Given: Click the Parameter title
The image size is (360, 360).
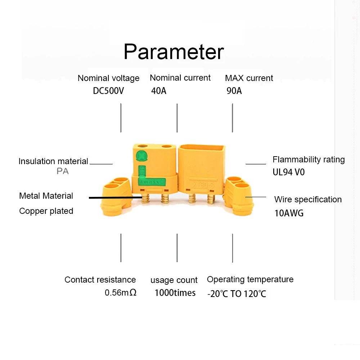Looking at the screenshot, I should click(x=174, y=52).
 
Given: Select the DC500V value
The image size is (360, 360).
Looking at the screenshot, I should click(x=108, y=91).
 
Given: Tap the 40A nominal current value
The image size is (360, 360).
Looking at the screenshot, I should click(x=159, y=91).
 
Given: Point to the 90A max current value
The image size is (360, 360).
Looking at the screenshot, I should click(x=234, y=91).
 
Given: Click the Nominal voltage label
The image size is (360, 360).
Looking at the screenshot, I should click(x=108, y=78).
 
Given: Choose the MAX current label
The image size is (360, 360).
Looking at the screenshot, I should click(x=249, y=78).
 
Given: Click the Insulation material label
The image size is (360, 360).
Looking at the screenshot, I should click(x=53, y=161).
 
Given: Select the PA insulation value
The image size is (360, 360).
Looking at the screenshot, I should click(x=63, y=171).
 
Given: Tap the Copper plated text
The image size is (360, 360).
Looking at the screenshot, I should click(x=46, y=211).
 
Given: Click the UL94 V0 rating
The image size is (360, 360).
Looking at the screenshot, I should click(x=288, y=172).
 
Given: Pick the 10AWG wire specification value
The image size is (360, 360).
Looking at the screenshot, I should click(x=289, y=213).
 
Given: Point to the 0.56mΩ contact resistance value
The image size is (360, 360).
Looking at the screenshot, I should click(x=121, y=293).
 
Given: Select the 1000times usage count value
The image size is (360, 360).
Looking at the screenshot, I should click(x=175, y=293).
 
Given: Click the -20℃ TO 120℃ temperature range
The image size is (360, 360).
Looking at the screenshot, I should click(x=237, y=294).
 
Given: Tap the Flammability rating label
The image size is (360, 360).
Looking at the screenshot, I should click(x=309, y=159).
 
